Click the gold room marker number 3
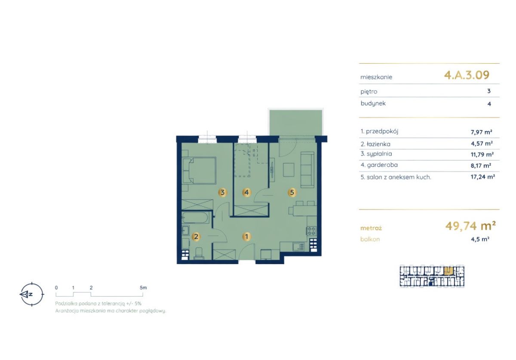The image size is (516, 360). click(x=223, y=192)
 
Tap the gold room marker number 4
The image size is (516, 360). click(x=247, y=192)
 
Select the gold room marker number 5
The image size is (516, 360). click(x=292, y=192)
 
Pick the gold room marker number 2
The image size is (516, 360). click(x=196, y=237)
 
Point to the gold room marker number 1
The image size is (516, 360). click(x=247, y=237)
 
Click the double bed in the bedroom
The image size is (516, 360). click(x=199, y=171)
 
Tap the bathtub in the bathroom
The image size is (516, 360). click(x=196, y=218)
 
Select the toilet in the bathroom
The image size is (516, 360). click(x=199, y=253)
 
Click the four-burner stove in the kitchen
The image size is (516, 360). click(x=311, y=231)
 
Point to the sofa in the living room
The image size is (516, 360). click(x=307, y=170)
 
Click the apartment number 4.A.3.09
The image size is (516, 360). click(x=467, y=75)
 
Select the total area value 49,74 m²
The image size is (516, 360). click(x=470, y=226)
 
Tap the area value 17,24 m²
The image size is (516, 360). click(x=482, y=177)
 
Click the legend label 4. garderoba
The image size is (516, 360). click(x=379, y=165)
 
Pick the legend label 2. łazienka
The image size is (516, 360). click(x=375, y=144)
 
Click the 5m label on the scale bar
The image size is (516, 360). click(x=143, y=288)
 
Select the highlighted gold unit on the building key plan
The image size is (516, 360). click(x=448, y=271)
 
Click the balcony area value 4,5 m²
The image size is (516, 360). click(x=480, y=239)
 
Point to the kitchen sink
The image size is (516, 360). click(x=298, y=247)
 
